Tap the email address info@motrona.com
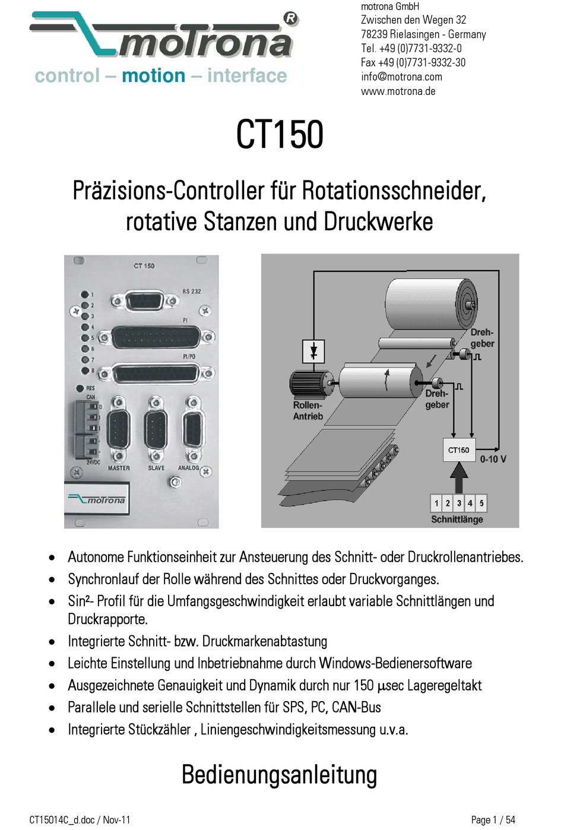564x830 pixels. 401,77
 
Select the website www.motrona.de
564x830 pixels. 398,91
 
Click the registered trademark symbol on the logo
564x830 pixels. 290,18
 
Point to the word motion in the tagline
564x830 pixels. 153,76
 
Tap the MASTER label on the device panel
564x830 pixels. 119,468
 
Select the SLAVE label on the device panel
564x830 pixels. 156,468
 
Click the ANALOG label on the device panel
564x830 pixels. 189,468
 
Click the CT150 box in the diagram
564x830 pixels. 458,450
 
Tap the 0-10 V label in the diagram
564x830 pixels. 493,459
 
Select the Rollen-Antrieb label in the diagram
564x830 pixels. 308,411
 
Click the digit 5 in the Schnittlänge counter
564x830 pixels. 481,503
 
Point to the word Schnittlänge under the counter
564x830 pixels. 457,519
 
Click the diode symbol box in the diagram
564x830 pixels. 313,351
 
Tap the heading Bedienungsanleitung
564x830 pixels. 279,775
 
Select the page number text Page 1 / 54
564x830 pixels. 493,820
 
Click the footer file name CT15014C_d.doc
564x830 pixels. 62,820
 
